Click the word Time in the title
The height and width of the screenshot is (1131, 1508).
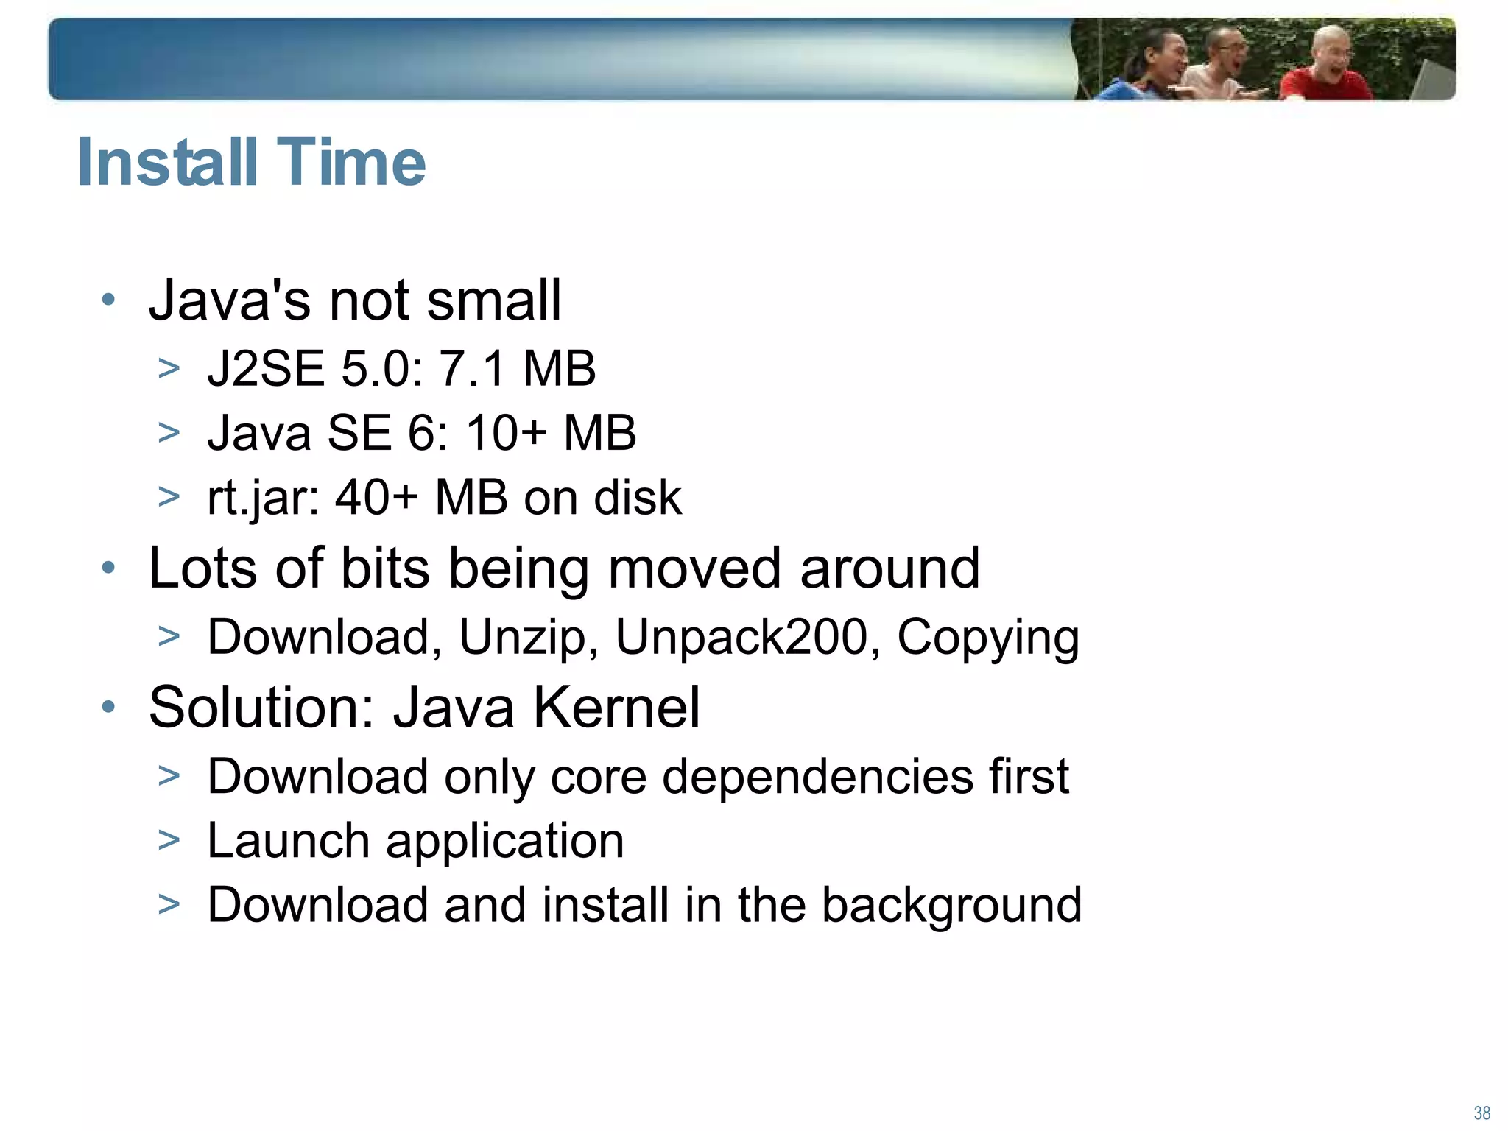pyautogui.click(x=352, y=162)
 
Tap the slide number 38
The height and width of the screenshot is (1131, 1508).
pyautogui.click(x=1481, y=1113)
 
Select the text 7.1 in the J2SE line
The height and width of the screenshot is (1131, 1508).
pyautogui.click(x=472, y=368)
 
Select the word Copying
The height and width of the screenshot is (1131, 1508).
pyautogui.click(x=987, y=638)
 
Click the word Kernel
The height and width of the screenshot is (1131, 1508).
pyautogui.click(x=616, y=707)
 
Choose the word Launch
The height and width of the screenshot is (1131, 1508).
pyautogui.click(x=288, y=840)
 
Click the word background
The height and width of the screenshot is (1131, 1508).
pyautogui.click(x=951, y=905)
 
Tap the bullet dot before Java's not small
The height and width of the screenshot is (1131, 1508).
pyautogui.click(x=109, y=300)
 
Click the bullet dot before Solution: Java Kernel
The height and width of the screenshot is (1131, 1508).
pyautogui.click(x=109, y=707)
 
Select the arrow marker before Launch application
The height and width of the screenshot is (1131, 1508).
pyautogui.click(x=169, y=840)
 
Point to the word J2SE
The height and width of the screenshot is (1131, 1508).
pyautogui.click(x=266, y=368)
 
